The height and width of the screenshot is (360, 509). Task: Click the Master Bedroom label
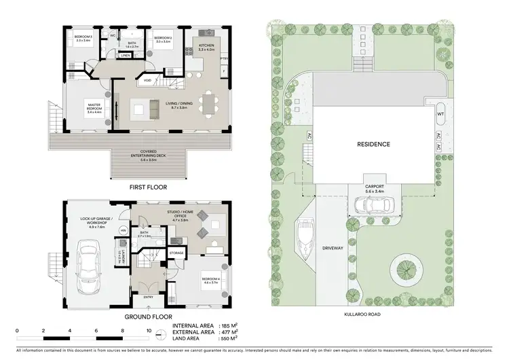(93, 107)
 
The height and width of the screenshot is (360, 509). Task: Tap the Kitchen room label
(206, 47)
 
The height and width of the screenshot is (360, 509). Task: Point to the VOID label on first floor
(147, 82)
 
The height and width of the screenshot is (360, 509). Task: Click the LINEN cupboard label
(126, 56)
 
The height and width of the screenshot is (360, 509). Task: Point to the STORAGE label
(176, 253)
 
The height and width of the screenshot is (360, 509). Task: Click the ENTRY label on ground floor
(148, 297)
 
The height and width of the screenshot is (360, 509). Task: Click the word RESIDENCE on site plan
(373, 145)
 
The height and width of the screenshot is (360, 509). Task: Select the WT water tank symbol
(440, 114)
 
